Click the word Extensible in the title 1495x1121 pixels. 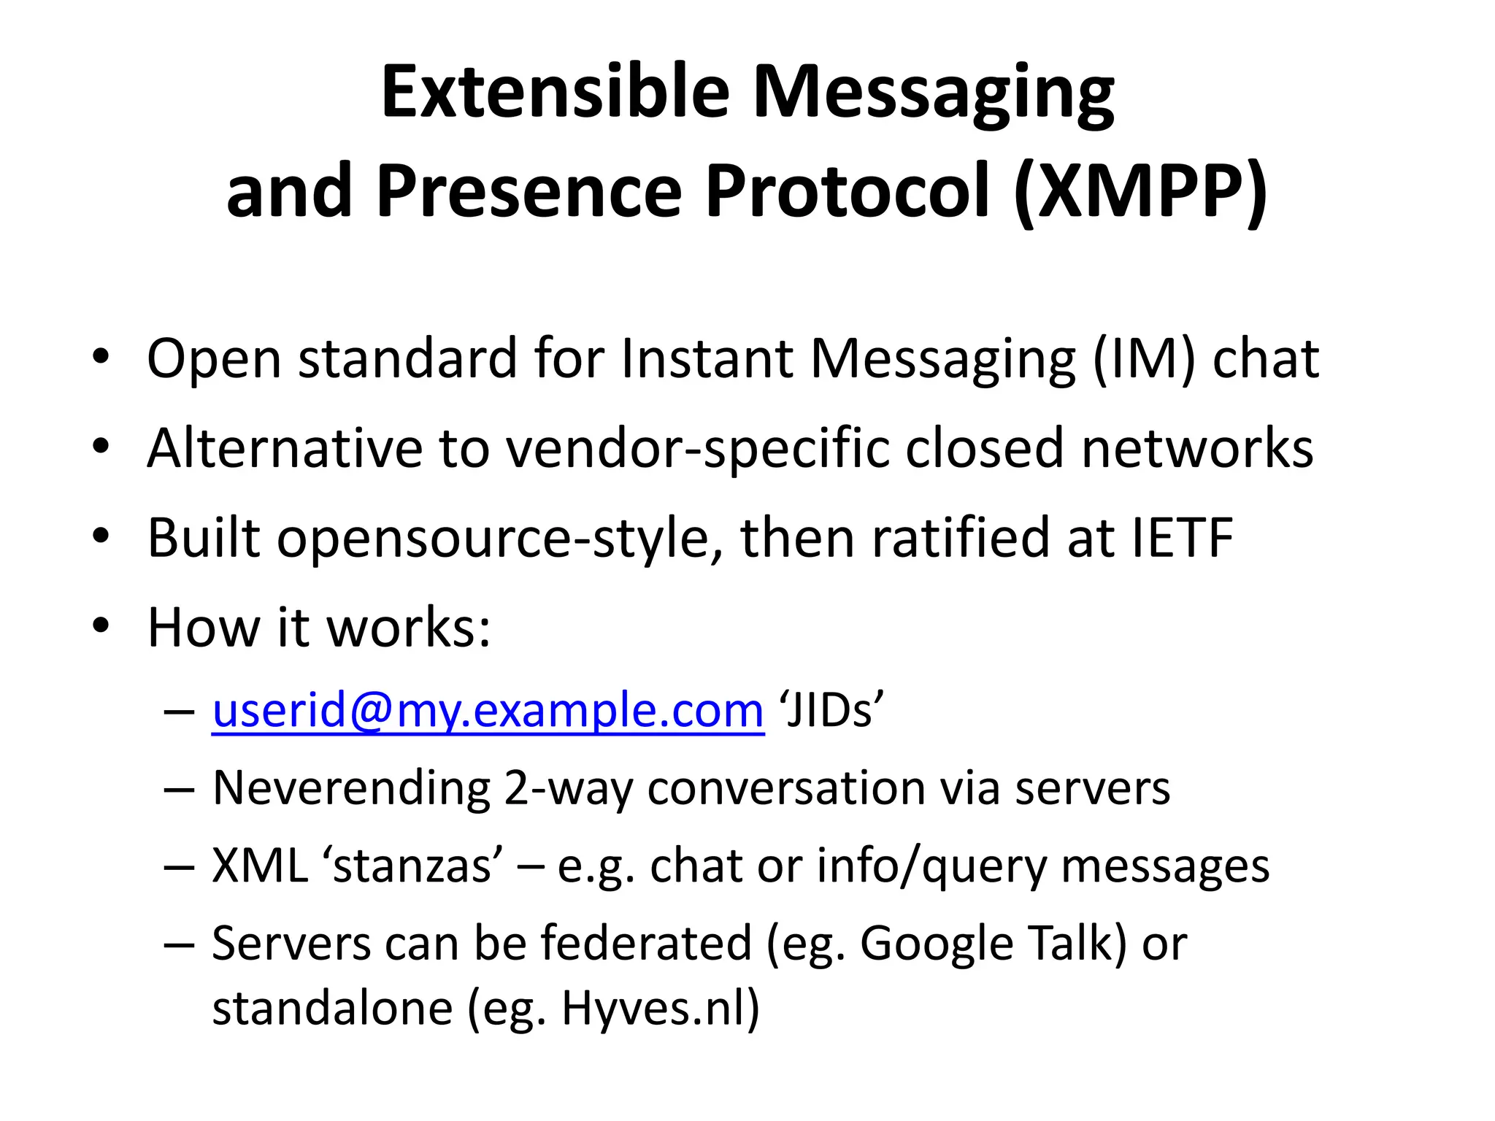[x=555, y=92]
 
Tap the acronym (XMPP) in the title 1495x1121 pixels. [x=1140, y=191]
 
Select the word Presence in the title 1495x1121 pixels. [x=530, y=191]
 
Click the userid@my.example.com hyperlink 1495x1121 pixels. [x=488, y=710]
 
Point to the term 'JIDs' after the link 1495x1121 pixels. [x=831, y=710]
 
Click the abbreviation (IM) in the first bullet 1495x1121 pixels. [x=1144, y=359]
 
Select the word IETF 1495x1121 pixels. [x=1183, y=538]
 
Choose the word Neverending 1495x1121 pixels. [x=351, y=789]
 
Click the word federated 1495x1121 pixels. [x=646, y=944]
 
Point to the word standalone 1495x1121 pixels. [x=333, y=1009]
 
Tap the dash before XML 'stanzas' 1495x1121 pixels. [x=180, y=867]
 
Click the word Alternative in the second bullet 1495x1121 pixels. [x=285, y=449]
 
